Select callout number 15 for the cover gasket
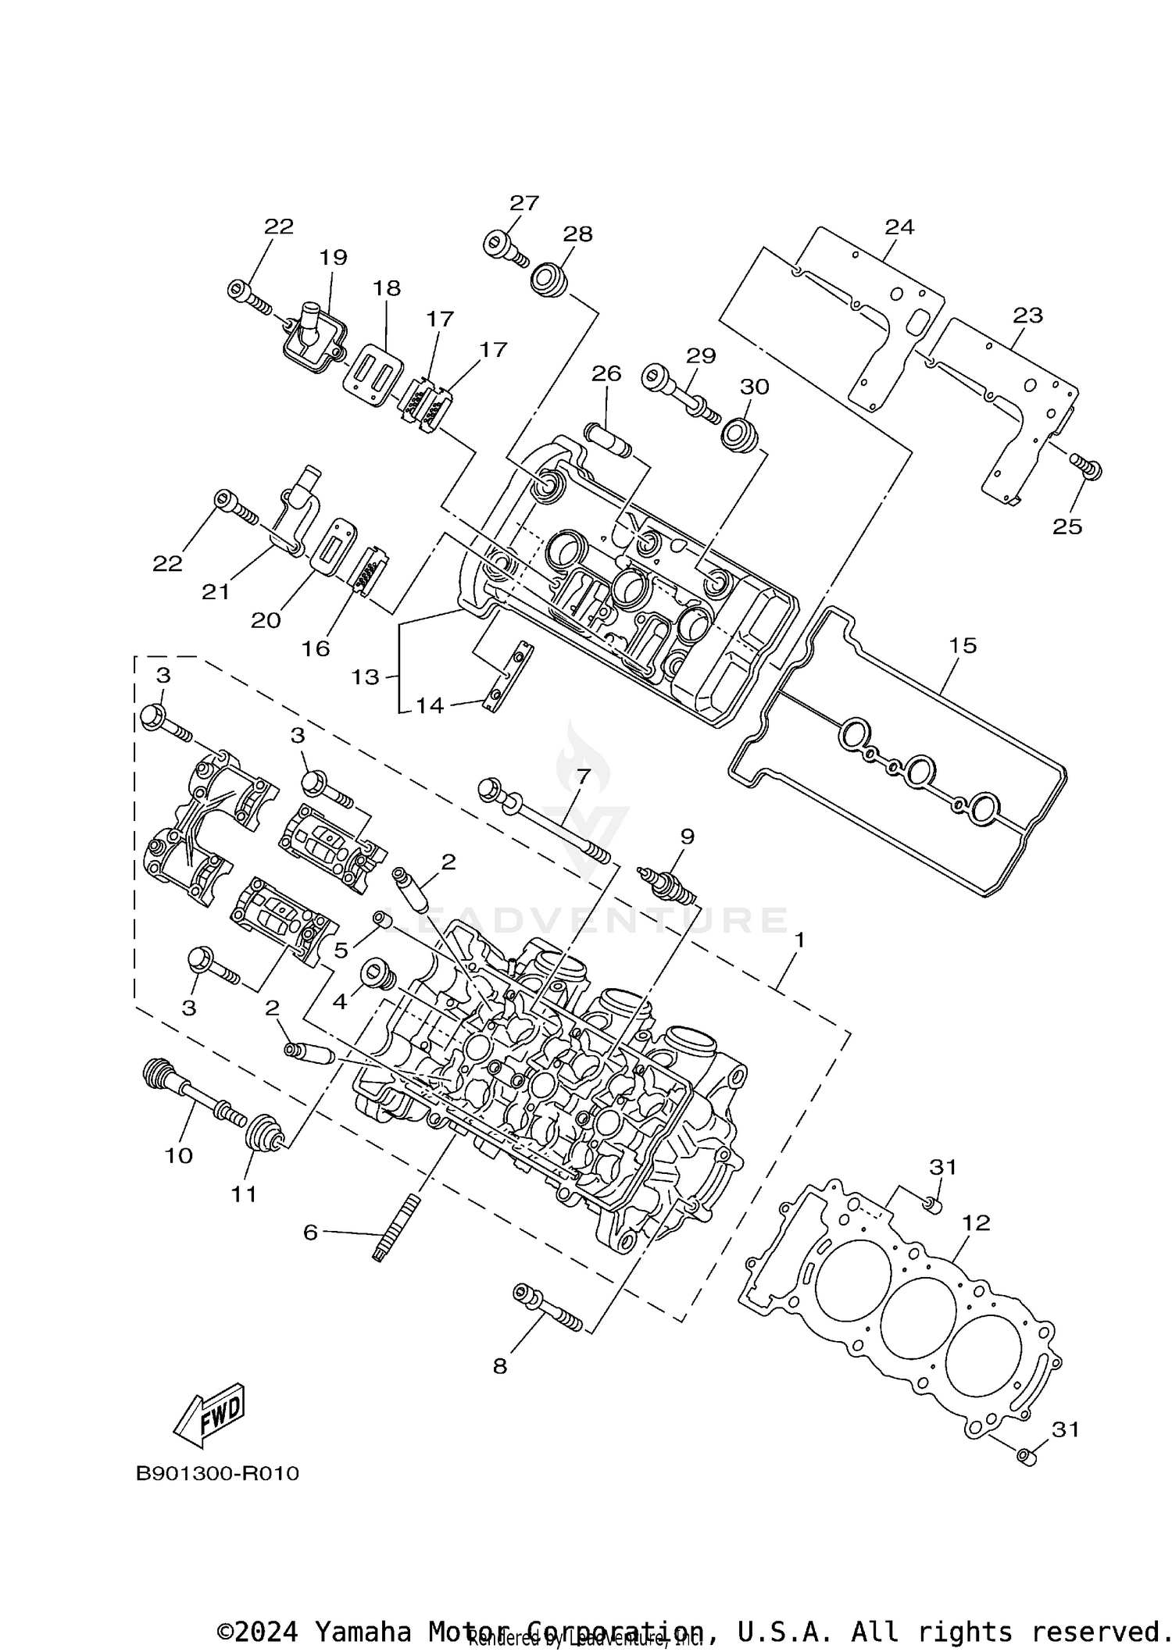point(963,645)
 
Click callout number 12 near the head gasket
point(977,1222)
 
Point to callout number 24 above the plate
point(899,227)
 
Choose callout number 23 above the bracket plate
point(1027,316)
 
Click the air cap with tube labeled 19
point(309,338)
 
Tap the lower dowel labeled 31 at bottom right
point(1026,1456)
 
